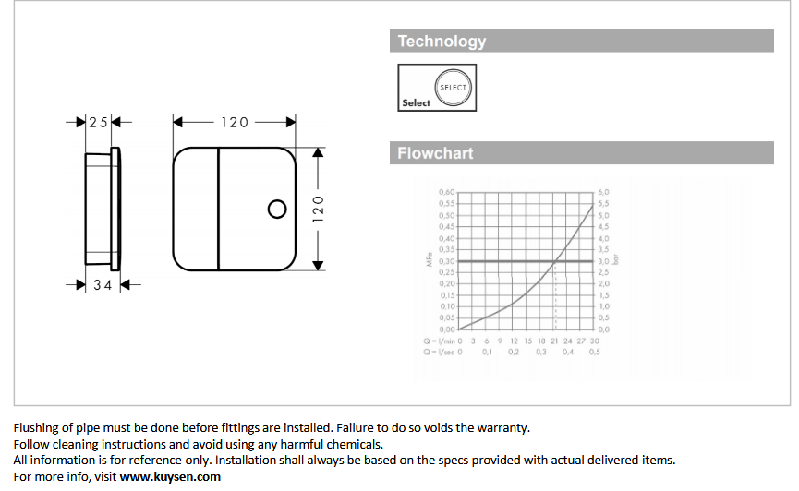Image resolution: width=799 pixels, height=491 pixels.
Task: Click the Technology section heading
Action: (x=442, y=41)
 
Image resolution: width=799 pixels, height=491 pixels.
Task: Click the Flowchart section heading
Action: (x=435, y=153)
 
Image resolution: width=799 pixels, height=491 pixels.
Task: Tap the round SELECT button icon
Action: (x=453, y=88)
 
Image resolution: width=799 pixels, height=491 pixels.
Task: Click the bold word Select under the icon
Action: (x=416, y=103)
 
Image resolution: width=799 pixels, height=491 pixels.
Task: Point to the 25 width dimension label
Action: (x=98, y=122)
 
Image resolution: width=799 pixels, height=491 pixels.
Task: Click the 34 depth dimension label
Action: (x=103, y=285)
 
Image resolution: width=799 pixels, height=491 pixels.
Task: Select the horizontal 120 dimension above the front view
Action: (x=234, y=122)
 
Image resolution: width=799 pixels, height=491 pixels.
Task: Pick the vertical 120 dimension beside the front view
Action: (x=319, y=208)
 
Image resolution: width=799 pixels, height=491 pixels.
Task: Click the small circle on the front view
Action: (x=276, y=210)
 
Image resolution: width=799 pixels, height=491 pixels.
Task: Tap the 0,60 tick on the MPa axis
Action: (x=446, y=192)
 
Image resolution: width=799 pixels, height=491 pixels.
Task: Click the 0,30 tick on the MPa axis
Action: (x=446, y=261)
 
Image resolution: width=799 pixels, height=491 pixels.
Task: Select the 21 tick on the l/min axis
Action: (x=554, y=341)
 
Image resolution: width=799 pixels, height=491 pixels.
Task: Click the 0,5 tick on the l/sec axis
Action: (x=595, y=352)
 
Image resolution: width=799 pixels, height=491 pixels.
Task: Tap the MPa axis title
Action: (x=430, y=260)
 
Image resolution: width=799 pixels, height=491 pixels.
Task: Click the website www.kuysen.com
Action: (x=170, y=476)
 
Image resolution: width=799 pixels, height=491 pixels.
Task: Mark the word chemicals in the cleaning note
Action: (x=356, y=444)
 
